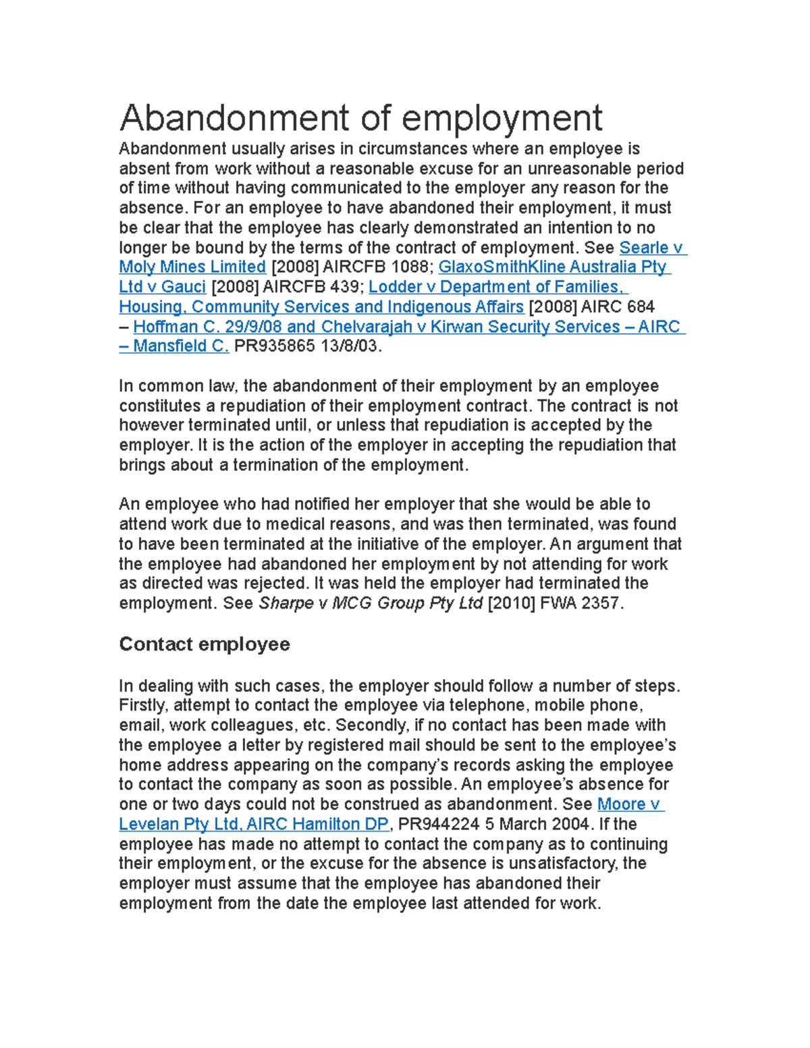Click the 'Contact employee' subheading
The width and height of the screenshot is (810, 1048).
pos(204,644)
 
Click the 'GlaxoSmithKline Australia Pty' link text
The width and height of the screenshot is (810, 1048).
pos(553,267)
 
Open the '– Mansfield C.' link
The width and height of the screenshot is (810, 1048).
pos(174,347)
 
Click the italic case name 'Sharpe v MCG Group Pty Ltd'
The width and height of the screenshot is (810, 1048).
pos(371,603)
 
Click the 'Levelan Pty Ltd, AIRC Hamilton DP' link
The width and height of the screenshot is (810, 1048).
pos(254,825)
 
